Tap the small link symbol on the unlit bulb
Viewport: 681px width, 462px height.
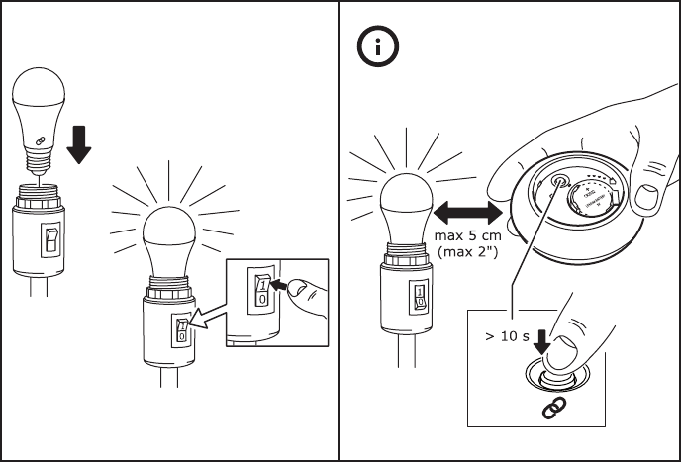(42, 140)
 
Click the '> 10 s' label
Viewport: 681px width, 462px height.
(507, 336)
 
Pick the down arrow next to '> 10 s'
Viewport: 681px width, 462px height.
(539, 339)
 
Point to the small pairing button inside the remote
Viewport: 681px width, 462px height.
(559, 183)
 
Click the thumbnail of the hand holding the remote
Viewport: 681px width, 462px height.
(648, 199)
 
